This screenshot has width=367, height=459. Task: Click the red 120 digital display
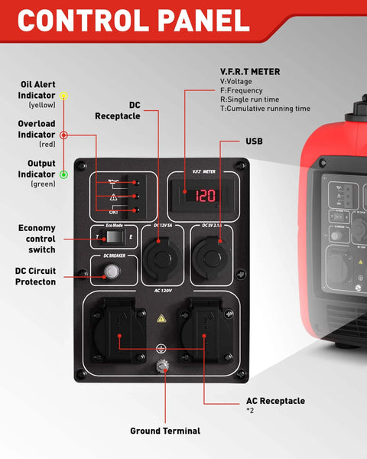click(x=205, y=195)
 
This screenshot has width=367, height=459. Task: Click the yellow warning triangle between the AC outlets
click(x=162, y=317)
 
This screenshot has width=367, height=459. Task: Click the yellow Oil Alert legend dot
click(x=64, y=96)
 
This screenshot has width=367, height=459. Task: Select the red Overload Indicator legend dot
click(x=64, y=135)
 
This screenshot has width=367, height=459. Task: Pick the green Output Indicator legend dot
click(x=64, y=174)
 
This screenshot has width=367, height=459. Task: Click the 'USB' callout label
click(x=254, y=142)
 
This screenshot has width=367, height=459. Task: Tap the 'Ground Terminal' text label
click(x=165, y=431)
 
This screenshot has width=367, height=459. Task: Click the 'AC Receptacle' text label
click(x=275, y=401)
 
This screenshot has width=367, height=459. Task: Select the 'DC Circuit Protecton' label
click(x=35, y=276)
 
